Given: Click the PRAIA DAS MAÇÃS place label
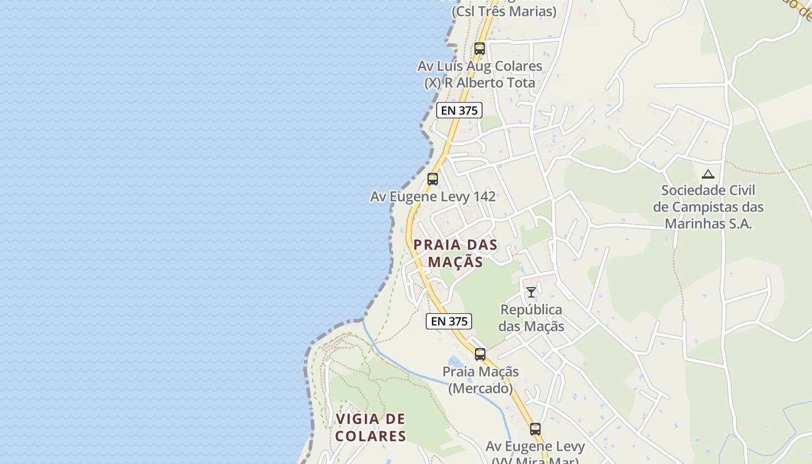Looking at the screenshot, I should coord(455,253).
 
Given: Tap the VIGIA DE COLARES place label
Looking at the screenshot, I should coord(370,427).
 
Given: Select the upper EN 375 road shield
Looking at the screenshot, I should coord(459,110).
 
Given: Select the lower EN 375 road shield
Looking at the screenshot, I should coord(449,321).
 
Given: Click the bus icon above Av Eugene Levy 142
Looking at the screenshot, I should coord(433,179).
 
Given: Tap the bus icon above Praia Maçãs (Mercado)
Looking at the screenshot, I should coord(480,354).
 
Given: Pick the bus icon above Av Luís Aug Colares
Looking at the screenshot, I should coord(480,49).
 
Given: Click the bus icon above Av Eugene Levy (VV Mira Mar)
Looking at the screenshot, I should coord(535,429).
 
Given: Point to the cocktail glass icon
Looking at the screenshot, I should coord(531,292).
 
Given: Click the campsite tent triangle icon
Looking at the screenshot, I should coord(708,174).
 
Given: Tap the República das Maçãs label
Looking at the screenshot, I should coord(531,318).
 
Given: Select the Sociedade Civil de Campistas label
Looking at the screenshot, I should coord(708,207).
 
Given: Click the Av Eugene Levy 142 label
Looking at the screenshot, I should coord(433,197).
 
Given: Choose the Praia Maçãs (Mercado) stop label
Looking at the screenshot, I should coord(480,380).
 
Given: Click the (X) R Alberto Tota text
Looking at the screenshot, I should coord(480,83).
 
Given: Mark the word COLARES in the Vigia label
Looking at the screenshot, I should coord(370,436).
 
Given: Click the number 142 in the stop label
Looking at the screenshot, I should coord(484,197).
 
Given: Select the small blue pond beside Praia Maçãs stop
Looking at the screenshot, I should coord(456,363).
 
